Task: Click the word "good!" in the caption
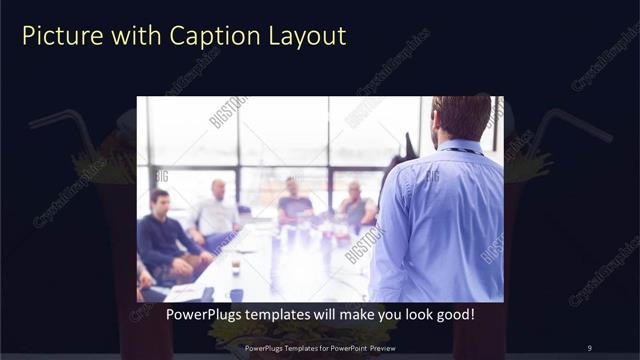[454, 315]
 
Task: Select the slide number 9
[589, 348]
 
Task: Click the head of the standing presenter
[462, 117]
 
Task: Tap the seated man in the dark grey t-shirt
[294, 200]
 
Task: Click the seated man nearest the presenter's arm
[355, 205]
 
